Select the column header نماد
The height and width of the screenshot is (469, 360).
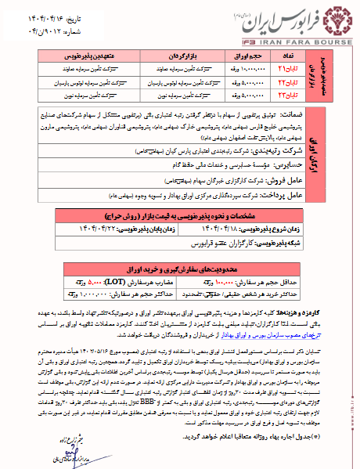289,58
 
